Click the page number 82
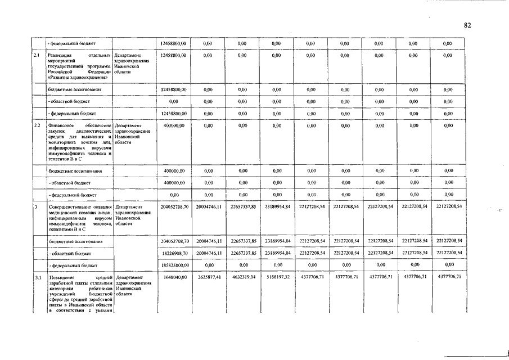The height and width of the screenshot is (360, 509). point(467,25)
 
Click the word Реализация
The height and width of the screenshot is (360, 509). point(61,56)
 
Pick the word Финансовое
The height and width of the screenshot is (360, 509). point(61,125)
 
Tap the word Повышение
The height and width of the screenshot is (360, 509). point(61,277)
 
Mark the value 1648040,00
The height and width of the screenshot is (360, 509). point(175,277)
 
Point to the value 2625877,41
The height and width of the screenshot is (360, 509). point(209,277)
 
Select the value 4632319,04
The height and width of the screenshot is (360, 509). point(243,277)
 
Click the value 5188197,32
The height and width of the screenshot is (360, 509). point(277,277)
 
